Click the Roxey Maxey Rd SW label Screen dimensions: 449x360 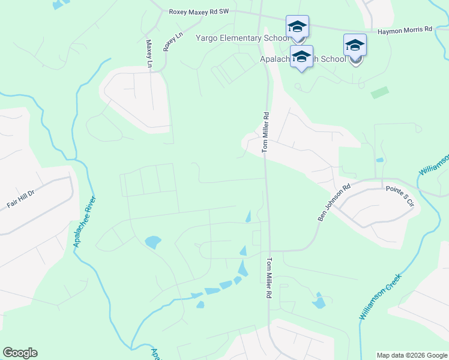[199, 11]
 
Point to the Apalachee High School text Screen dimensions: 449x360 [303, 59]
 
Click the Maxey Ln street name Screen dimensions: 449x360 [149, 53]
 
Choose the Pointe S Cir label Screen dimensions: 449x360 [400, 196]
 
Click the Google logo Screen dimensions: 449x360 [20, 353]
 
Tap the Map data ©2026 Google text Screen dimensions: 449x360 [411, 355]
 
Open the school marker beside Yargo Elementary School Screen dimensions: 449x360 [297, 27]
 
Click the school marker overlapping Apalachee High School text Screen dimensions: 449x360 [302, 56]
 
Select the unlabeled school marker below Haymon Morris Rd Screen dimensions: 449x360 [355, 46]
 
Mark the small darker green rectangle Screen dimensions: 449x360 [379, 93]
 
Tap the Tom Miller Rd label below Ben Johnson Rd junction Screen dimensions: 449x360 [269, 280]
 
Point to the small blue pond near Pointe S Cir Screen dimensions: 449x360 [379, 160]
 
